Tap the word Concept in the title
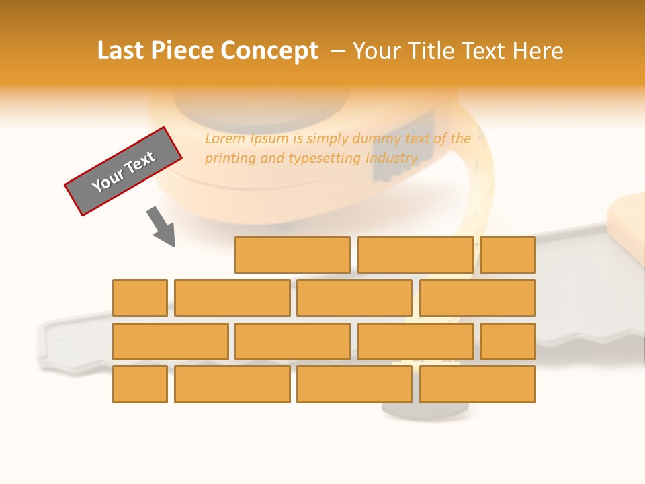coord(270,51)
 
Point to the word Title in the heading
coord(439,51)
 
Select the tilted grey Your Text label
coord(124,171)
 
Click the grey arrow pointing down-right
coord(161,227)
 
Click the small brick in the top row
coord(508,255)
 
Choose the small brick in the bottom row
coord(140,385)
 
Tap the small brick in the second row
coord(140,298)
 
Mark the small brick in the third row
coord(508,341)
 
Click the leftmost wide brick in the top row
coord(292,255)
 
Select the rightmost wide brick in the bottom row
coord(478,385)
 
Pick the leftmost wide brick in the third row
coord(171,341)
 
